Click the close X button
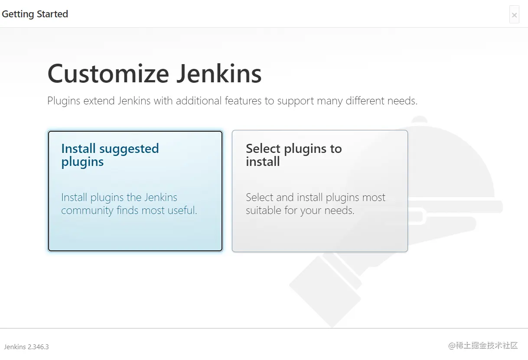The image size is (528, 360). [x=514, y=15]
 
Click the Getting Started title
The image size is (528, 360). [x=35, y=14]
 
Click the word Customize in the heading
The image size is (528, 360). [x=108, y=74]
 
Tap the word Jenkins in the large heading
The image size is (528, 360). [x=219, y=74]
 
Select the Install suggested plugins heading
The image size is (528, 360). [x=110, y=155]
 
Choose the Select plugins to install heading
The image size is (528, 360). [x=294, y=155]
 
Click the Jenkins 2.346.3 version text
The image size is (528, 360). [x=26, y=347]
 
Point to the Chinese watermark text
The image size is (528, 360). [x=483, y=346]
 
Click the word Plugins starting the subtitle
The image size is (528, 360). [x=64, y=101]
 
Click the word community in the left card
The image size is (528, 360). [x=87, y=211]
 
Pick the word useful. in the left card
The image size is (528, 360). [x=182, y=210]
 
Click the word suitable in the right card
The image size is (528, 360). [x=264, y=210]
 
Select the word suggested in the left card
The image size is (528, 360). [x=129, y=149]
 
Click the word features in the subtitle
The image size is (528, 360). [x=243, y=101]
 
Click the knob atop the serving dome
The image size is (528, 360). [x=419, y=119]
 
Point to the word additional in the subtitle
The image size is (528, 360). [x=199, y=101]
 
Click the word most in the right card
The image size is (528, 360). [x=374, y=198]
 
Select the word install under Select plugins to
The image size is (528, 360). [x=263, y=162]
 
